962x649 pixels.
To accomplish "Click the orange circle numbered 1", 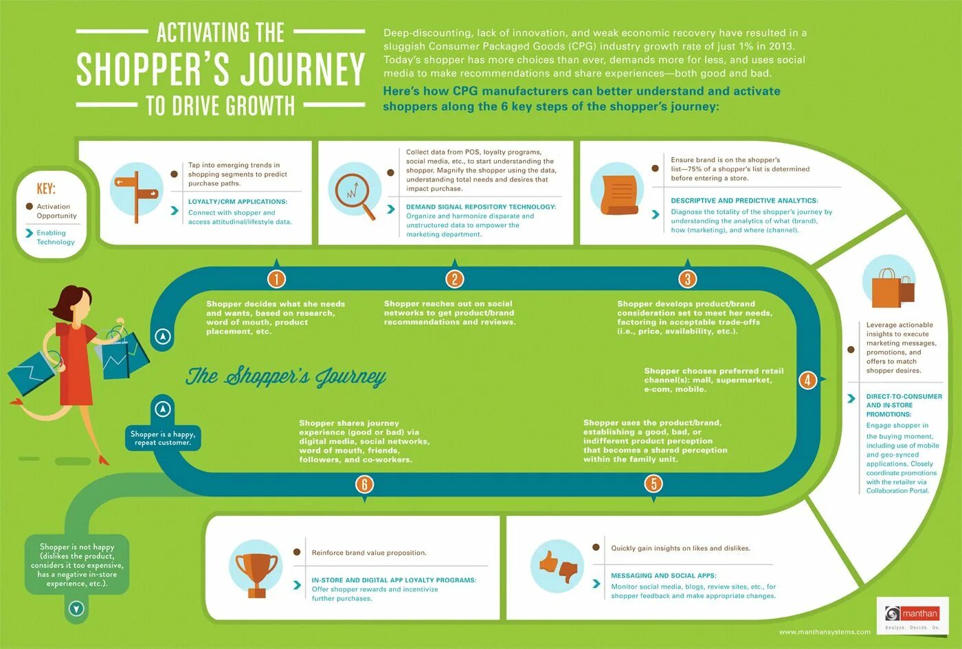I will (276, 278).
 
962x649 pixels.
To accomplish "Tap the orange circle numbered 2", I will (454, 278).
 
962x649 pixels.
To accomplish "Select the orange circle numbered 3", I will (687, 278).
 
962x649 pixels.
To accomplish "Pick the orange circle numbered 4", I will (807, 379).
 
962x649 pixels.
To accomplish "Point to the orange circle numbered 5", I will (653, 483).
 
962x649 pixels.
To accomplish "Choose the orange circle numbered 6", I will (364, 484).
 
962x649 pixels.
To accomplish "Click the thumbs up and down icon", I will (557, 567).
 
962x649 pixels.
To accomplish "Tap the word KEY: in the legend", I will (46, 188).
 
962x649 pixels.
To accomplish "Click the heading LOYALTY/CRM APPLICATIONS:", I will (238, 202).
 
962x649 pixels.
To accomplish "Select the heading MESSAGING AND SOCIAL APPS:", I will (664, 576).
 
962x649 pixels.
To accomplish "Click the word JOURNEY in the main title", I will (302, 69).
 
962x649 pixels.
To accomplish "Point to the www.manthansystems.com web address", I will (825, 632).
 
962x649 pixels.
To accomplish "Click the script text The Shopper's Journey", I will (286, 376).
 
